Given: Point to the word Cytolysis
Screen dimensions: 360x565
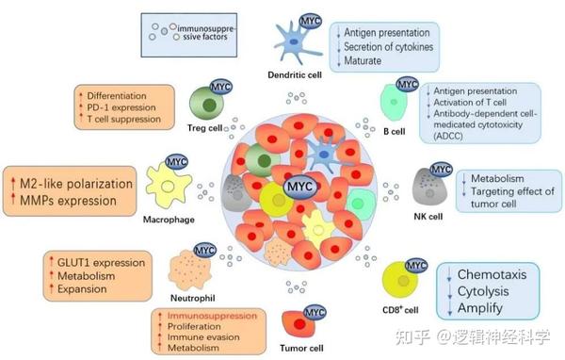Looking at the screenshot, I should click(486, 291).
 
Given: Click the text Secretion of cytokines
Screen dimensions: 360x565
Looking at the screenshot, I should click(388, 47).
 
